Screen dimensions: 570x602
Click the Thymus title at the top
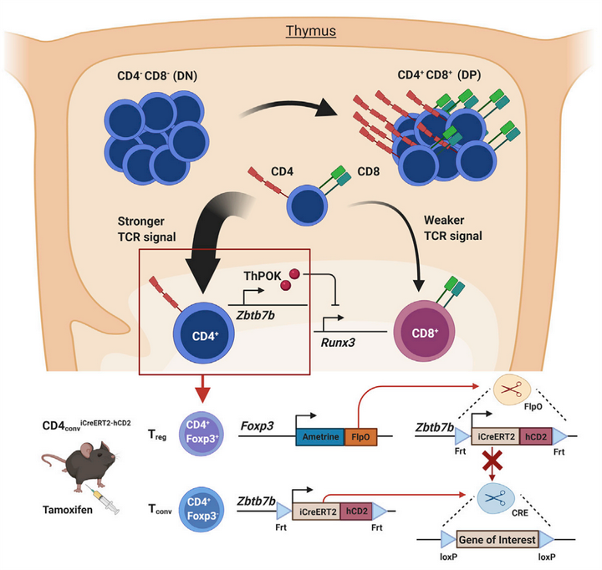pyautogui.click(x=311, y=32)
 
